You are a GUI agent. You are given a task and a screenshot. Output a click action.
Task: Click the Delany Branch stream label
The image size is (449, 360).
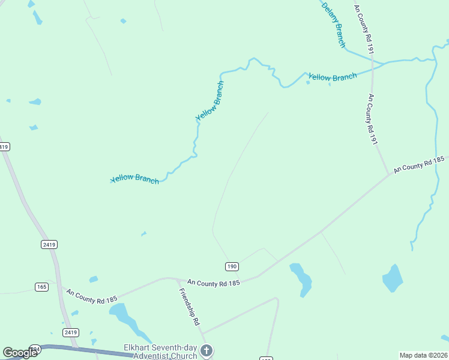[x=334, y=25]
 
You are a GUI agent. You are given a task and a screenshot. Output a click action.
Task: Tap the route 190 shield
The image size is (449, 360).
[x=232, y=266]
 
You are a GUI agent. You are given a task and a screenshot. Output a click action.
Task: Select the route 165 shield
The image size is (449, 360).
[x=41, y=287]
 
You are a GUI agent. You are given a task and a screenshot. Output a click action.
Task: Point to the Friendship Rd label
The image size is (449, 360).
[x=189, y=306]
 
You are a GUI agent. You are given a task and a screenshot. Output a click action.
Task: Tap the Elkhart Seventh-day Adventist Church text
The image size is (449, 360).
[x=160, y=352]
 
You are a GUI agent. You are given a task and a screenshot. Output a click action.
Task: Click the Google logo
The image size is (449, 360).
[x=20, y=353]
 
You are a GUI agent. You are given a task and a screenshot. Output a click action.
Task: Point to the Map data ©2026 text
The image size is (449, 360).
[x=423, y=355]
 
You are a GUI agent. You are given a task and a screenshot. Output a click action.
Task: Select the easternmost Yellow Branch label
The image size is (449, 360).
[x=332, y=77]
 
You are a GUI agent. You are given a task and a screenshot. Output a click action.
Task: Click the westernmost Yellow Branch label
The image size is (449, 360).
[x=135, y=179]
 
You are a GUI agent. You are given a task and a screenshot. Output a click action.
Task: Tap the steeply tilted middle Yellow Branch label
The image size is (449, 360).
[x=209, y=101]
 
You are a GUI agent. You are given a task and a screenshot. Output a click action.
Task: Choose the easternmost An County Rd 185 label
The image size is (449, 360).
[x=418, y=166]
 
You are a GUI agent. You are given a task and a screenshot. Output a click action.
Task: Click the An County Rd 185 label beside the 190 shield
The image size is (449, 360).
[x=213, y=282]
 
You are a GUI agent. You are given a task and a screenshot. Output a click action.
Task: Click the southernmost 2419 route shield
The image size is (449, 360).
[x=71, y=332]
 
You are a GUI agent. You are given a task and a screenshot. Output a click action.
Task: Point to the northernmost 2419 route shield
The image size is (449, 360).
[x=4, y=146]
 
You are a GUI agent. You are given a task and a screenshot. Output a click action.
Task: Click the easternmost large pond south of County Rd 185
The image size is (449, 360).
[x=393, y=278]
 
